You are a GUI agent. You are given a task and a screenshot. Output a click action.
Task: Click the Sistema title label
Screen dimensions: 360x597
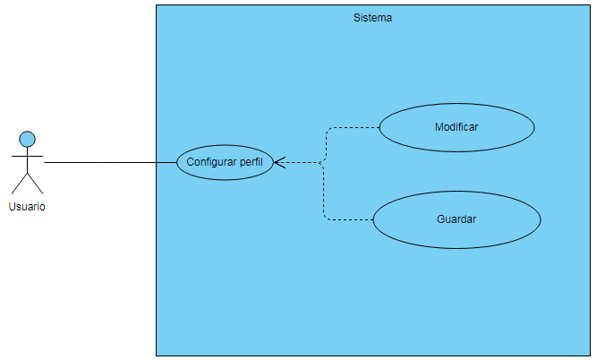point(372,18)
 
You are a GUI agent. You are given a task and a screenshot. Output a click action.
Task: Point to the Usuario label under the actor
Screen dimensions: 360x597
point(27,207)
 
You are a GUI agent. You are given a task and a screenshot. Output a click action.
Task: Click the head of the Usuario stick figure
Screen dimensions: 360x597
point(28,139)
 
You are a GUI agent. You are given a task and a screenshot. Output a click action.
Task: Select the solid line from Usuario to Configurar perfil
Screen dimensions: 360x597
point(107,163)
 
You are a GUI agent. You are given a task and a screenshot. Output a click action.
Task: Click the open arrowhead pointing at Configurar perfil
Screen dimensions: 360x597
point(278,163)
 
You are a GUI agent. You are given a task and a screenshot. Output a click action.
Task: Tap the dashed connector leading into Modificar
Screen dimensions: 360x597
point(354,128)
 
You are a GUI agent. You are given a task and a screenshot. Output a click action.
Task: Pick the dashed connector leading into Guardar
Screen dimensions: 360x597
point(349,219)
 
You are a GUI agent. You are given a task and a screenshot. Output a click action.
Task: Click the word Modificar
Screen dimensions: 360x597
point(456,127)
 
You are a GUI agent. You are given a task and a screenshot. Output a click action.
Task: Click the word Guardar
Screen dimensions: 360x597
point(456,219)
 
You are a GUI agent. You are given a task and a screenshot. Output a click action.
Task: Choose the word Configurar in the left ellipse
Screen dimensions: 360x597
point(211,162)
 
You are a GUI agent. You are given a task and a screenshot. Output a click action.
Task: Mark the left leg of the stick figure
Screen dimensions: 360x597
point(20,184)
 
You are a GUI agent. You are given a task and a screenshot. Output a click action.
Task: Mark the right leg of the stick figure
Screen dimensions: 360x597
point(36,184)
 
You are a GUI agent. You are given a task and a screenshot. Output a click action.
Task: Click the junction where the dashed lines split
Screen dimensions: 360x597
point(323,163)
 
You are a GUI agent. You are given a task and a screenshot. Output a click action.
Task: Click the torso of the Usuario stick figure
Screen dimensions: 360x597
point(28,166)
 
